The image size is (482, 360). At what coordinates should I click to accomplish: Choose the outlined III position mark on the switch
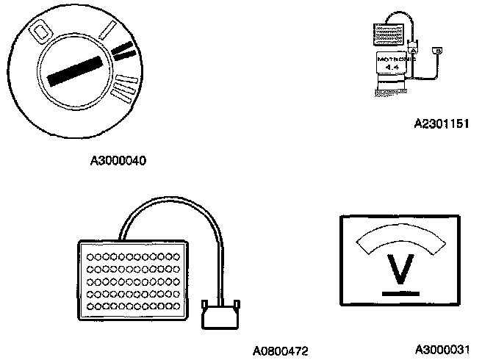(126, 87)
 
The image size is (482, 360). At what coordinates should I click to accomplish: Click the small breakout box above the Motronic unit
(389, 32)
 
